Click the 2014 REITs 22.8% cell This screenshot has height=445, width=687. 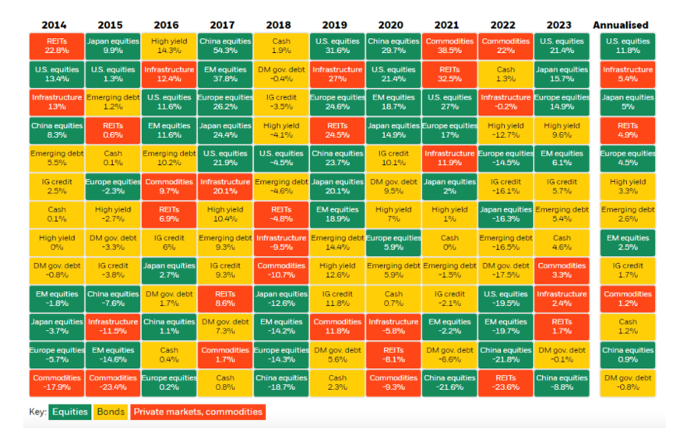56,46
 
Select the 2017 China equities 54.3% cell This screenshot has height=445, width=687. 225,46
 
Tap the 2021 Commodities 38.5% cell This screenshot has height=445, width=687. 449,46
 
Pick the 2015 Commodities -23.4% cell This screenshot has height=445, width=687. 112,383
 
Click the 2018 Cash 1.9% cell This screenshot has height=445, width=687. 281,46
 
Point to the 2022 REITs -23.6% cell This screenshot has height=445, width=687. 506,383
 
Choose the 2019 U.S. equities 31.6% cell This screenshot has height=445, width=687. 337,46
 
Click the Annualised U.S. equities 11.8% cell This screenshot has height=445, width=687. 628,46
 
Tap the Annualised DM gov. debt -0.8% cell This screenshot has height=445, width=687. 628,383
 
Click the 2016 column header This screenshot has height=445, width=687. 168,25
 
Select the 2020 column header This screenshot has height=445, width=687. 393,25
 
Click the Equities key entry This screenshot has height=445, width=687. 70,412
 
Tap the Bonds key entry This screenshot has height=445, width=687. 111,412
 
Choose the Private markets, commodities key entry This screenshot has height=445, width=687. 197,412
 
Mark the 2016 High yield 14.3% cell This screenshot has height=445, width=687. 168,46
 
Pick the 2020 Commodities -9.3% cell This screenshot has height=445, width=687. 393,383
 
